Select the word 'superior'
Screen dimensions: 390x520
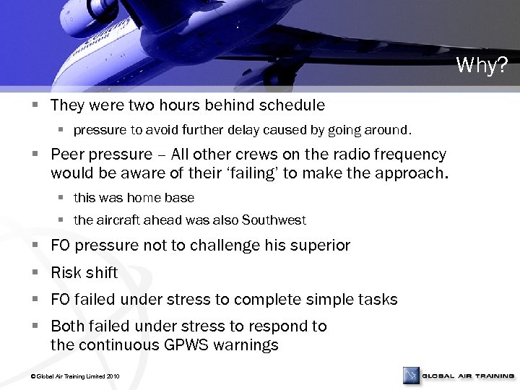click(321, 246)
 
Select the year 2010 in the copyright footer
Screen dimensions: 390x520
click(113, 377)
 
